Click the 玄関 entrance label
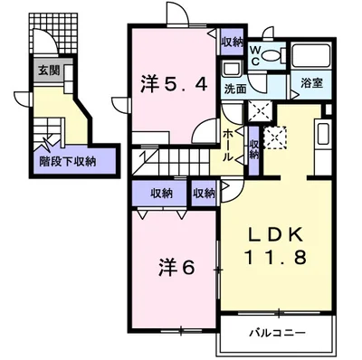coord(49,71)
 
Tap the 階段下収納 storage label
coord(68,162)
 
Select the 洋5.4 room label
coord(174,84)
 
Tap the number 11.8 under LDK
coord(277,257)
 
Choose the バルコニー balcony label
coord(277,333)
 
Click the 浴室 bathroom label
coord(312,83)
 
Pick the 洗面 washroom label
coord(235,89)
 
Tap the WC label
coord(255,56)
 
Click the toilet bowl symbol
coord(273,55)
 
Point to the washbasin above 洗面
coord(233,70)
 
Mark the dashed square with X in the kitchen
coord(275,138)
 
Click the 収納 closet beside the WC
coord(232,43)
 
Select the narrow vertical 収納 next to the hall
coord(254,150)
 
